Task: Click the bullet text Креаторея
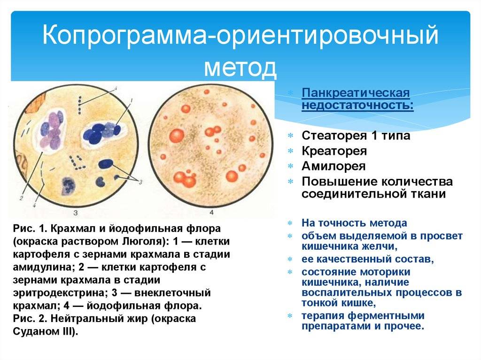[334, 151]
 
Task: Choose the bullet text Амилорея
[334, 166]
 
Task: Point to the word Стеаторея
[334, 135]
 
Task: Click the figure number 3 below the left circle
[76, 213]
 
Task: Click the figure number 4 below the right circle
[211, 213]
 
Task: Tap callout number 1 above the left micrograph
[132, 100]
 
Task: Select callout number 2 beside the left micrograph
[21, 198]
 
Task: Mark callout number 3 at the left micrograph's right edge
[140, 182]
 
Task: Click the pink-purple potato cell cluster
[52, 131]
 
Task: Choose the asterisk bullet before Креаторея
[290, 151]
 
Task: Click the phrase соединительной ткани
[373, 194]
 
